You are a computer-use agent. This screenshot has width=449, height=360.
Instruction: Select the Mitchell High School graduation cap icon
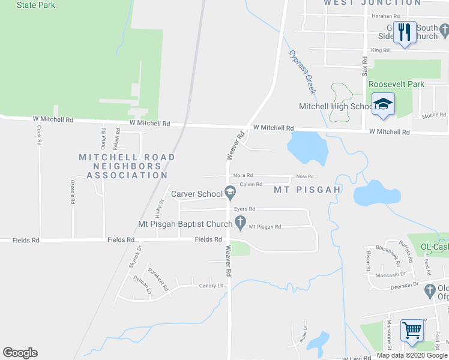pyautogui.click(x=382, y=106)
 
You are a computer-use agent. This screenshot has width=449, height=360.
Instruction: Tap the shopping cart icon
pyautogui.click(x=412, y=329)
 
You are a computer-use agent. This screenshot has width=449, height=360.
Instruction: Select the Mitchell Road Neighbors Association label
pyautogui.click(x=127, y=166)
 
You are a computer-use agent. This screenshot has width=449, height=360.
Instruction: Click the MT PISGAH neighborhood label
pyautogui.click(x=307, y=190)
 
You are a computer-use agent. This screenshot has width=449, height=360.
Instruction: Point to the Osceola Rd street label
pyautogui.click(x=73, y=192)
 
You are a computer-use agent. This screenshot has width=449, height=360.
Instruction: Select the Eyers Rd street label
pyautogui.click(x=245, y=209)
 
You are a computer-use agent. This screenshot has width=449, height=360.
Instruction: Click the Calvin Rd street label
pyautogui.click(x=251, y=184)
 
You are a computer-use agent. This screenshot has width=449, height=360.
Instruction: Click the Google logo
pyautogui.click(x=20, y=353)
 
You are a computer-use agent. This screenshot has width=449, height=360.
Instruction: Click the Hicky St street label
pyautogui.click(x=158, y=208)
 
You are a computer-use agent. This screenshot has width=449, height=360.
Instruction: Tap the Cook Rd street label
pyautogui.click(x=39, y=136)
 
